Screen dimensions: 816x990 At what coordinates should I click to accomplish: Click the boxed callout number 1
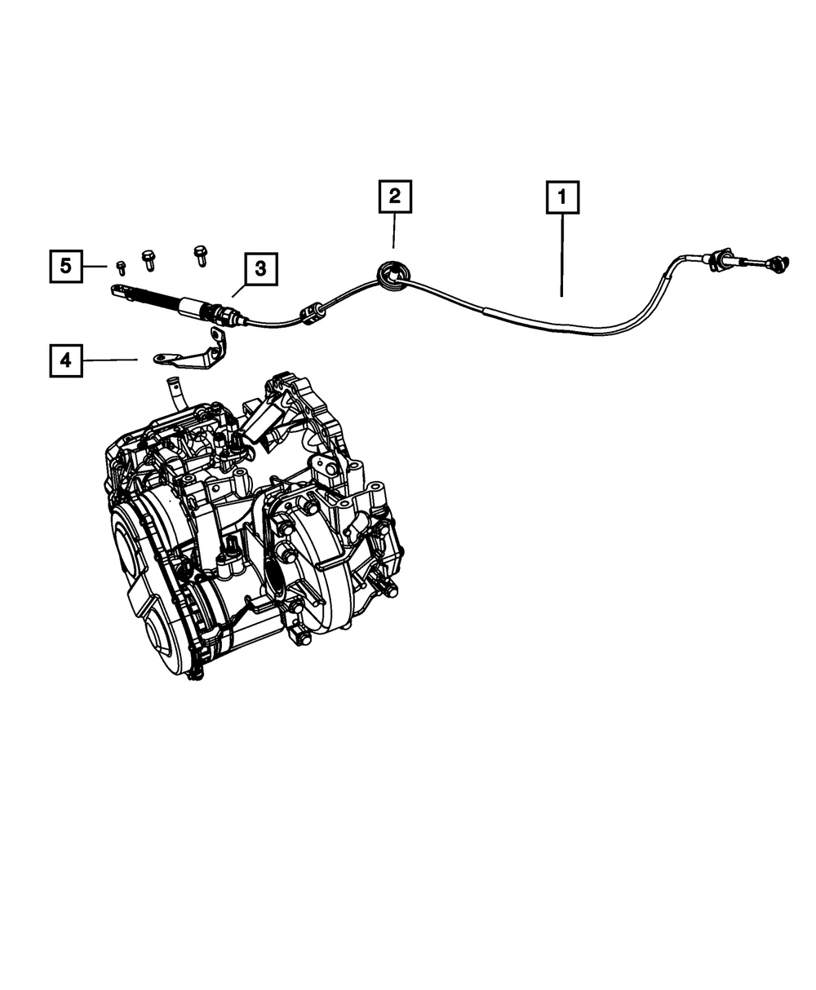[x=561, y=197]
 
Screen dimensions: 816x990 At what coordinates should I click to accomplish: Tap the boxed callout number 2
[x=394, y=197]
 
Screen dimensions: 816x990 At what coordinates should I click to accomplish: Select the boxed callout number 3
[x=260, y=268]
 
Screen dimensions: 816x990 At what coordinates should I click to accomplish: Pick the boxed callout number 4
[x=66, y=360]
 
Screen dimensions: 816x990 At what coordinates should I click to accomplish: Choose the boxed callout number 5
[x=66, y=265]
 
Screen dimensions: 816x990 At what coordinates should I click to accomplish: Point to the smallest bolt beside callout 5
[x=121, y=267]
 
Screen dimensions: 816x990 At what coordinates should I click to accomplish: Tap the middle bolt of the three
[x=149, y=260]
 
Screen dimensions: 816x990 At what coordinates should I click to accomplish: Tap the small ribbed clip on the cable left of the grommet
[x=311, y=313]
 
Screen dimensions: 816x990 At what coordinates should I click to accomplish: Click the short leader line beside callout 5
[x=97, y=266]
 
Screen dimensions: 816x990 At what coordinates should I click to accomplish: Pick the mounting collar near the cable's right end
[x=719, y=260]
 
